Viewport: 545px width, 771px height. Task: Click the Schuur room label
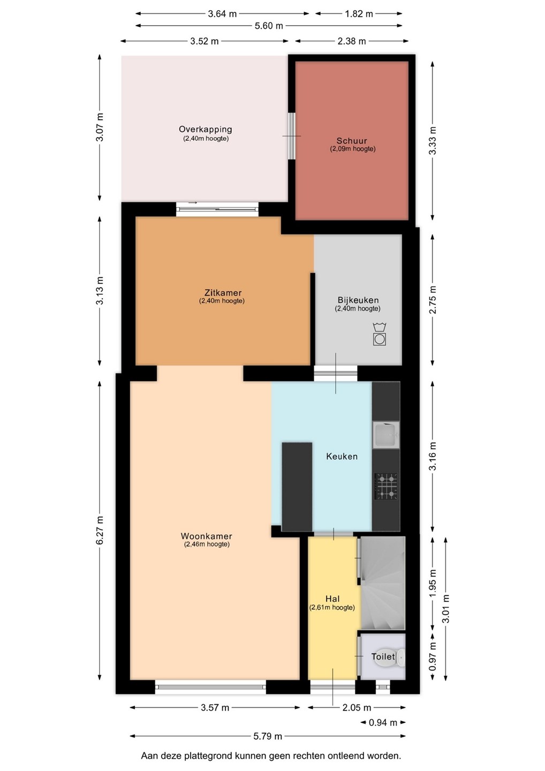coord(352,140)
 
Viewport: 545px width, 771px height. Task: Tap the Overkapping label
coord(206,130)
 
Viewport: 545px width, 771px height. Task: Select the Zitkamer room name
coord(223,292)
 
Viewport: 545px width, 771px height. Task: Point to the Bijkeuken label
coord(358,300)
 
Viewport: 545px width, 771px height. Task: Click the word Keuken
coord(342,456)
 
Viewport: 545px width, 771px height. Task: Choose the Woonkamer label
coord(207,536)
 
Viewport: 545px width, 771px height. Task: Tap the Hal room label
coord(332,599)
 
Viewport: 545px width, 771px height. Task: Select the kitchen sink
coord(385,435)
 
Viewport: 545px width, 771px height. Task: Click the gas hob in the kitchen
coord(386,486)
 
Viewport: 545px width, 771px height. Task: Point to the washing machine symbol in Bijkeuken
coord(380,334)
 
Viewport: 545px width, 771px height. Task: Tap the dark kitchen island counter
coord(297,487)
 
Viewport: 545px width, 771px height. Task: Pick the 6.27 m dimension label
coord(100,531)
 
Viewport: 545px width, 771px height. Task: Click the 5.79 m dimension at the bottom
coord(268,736)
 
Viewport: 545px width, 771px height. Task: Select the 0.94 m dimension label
coord(383,722)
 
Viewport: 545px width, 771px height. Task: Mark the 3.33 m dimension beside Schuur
coord(432,141)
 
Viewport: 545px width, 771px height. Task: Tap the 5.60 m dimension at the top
coord(269,26)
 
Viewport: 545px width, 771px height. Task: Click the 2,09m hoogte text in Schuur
coord(352,149)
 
